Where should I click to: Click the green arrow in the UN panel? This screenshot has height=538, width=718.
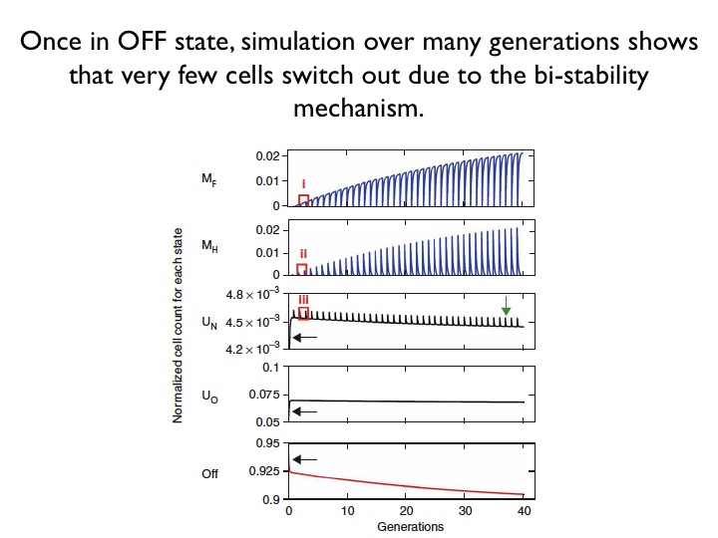[x=506, y=305]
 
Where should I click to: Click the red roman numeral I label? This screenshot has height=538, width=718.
[x=303, y=184]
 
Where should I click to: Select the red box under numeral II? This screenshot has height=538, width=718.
[x=302, y=269]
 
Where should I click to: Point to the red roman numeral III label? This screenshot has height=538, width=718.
[x=303, y=300]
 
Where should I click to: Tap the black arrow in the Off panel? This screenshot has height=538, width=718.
[x=305, y=459]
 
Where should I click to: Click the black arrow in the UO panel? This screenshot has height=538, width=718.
[x=305, y=410]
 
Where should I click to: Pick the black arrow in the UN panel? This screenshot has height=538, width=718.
[x=305, y=338]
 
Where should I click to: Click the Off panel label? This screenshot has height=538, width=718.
[x=209, y=473]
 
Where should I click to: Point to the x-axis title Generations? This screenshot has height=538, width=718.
[x=410, y=526]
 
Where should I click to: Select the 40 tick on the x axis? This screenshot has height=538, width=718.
[x=525, y=512]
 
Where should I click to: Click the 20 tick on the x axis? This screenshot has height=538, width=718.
[x=406, y=512]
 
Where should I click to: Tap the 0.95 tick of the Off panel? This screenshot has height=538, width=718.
[x=263, y=442]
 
